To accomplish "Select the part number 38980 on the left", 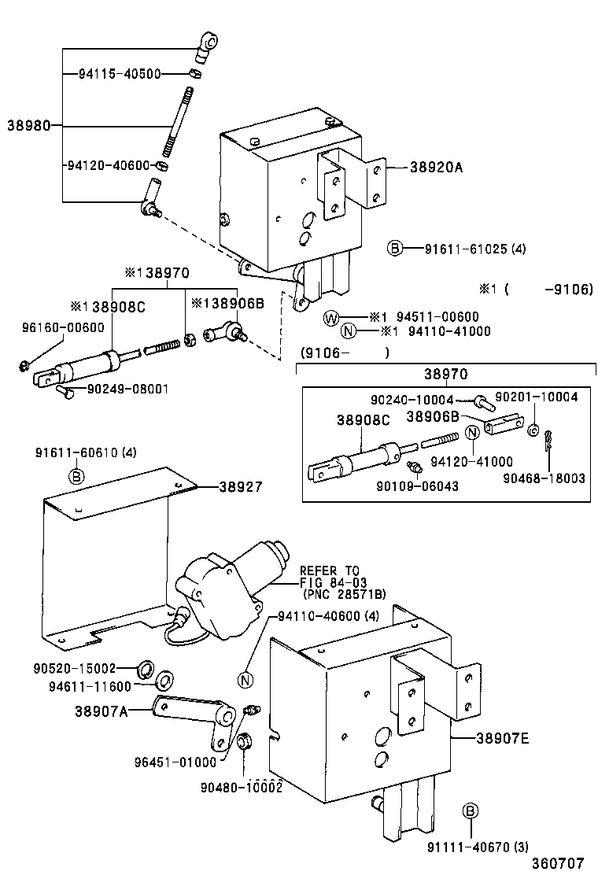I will click(29, 125).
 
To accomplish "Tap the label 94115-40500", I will click(120, 74).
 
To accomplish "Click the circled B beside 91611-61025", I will click(394, 249).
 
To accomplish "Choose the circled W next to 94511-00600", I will click(332, 318).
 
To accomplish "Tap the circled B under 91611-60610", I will click(76, 476).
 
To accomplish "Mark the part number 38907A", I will click(101, 711).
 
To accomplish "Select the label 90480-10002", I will click(241, 786).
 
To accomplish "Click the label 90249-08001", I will click(122, 389).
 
